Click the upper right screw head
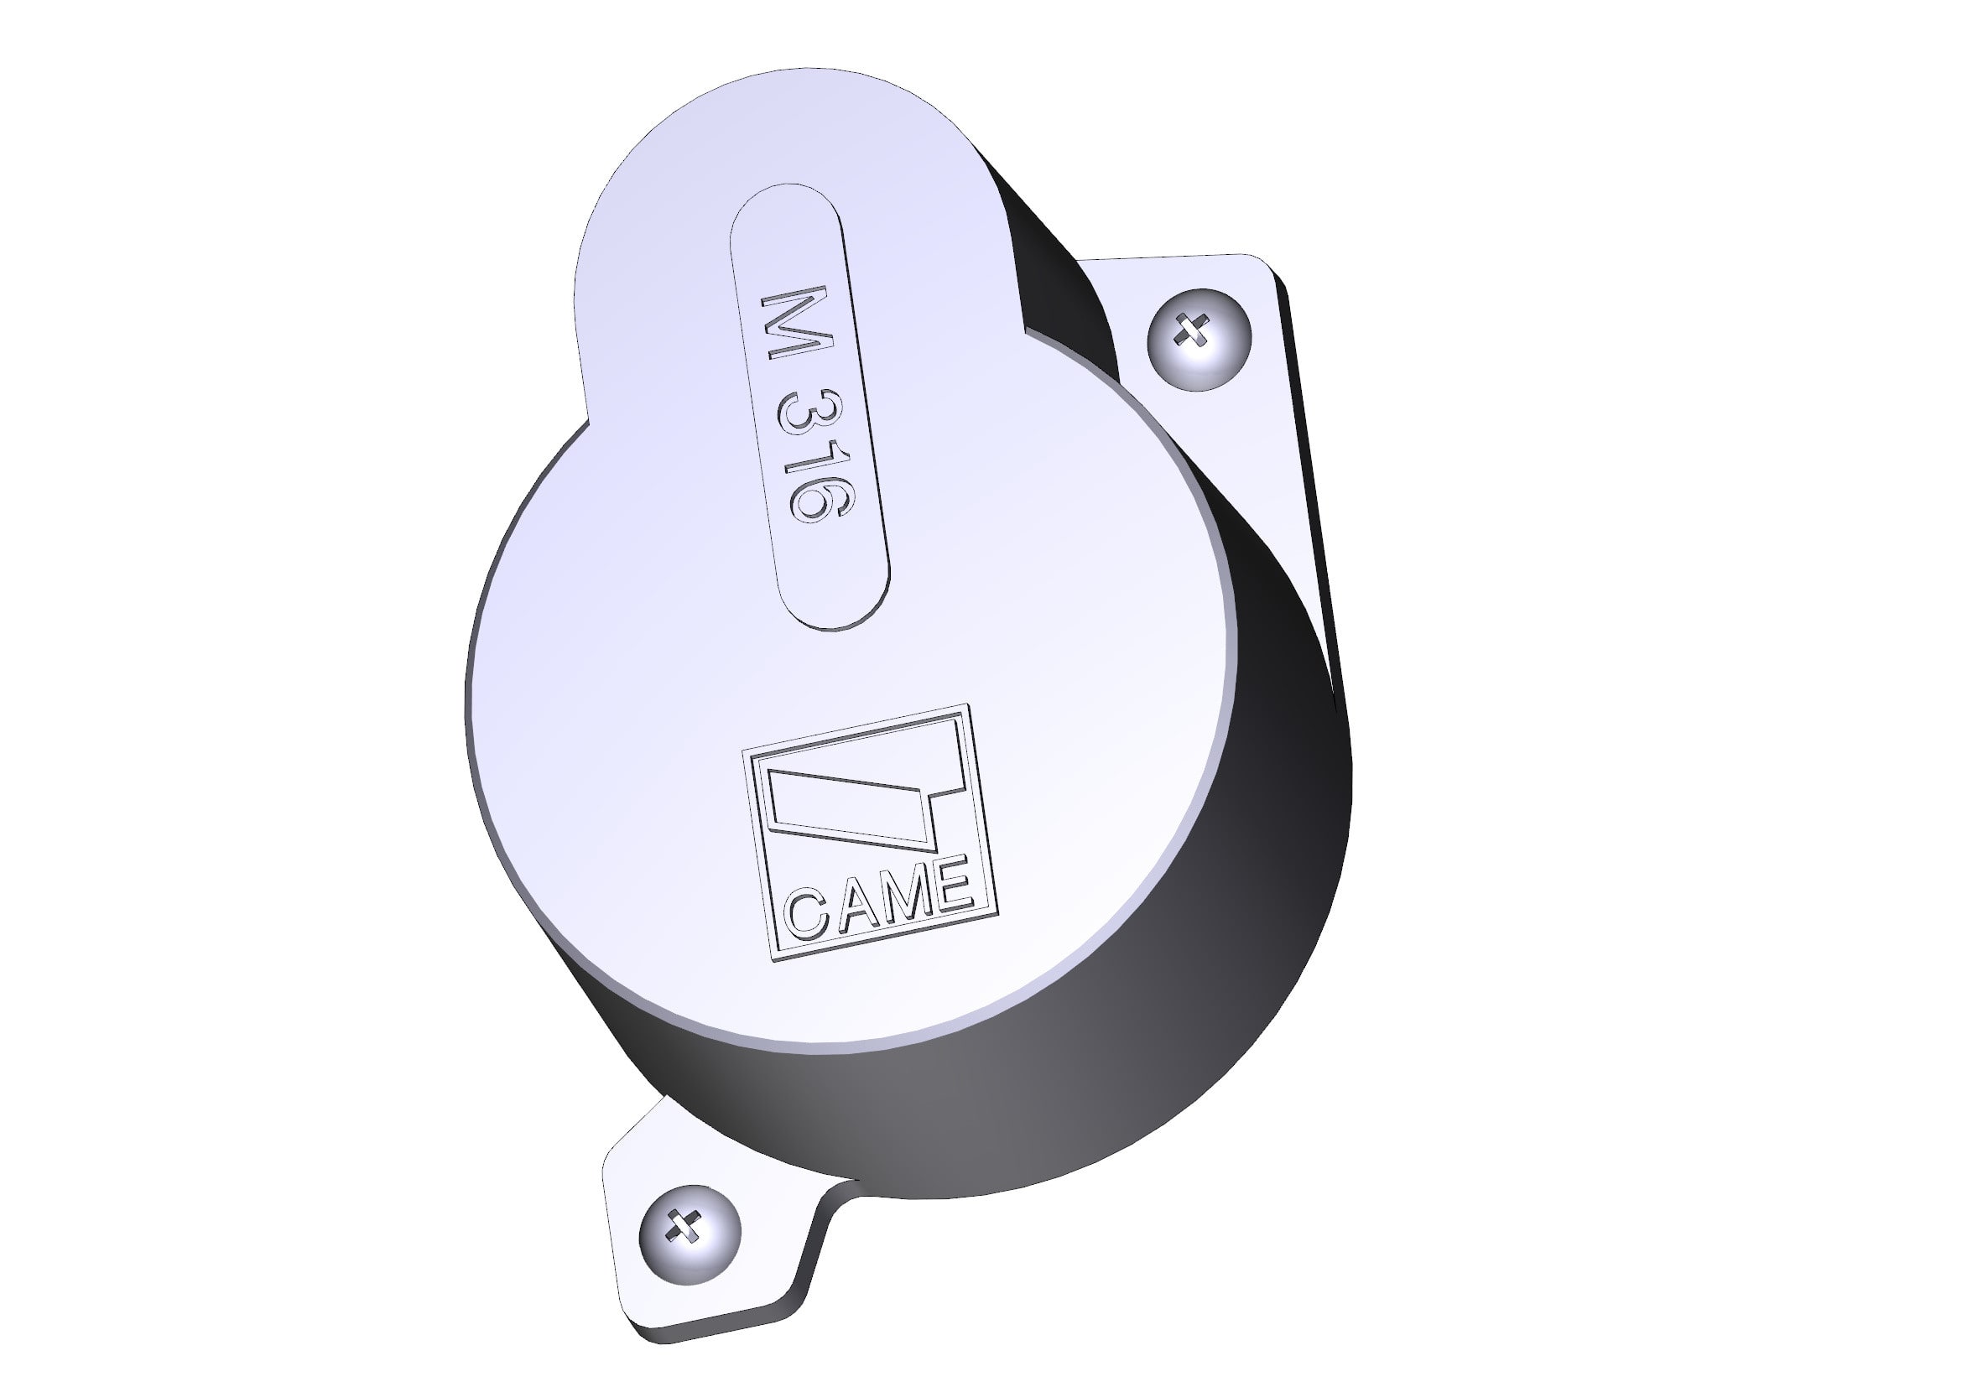[1198, 340]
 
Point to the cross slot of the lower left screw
[684, 1226]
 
